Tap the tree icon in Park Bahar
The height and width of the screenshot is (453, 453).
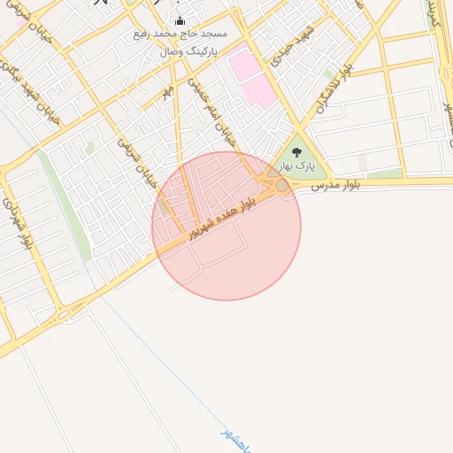point(296,152)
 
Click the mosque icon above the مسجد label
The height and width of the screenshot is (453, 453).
point(180,21)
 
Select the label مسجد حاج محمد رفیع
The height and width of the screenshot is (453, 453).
point(180,34)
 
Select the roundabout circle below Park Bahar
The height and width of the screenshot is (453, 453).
point(281,186)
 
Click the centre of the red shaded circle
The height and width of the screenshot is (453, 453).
point(226,226)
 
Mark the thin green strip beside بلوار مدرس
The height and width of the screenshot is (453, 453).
point(385,173)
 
